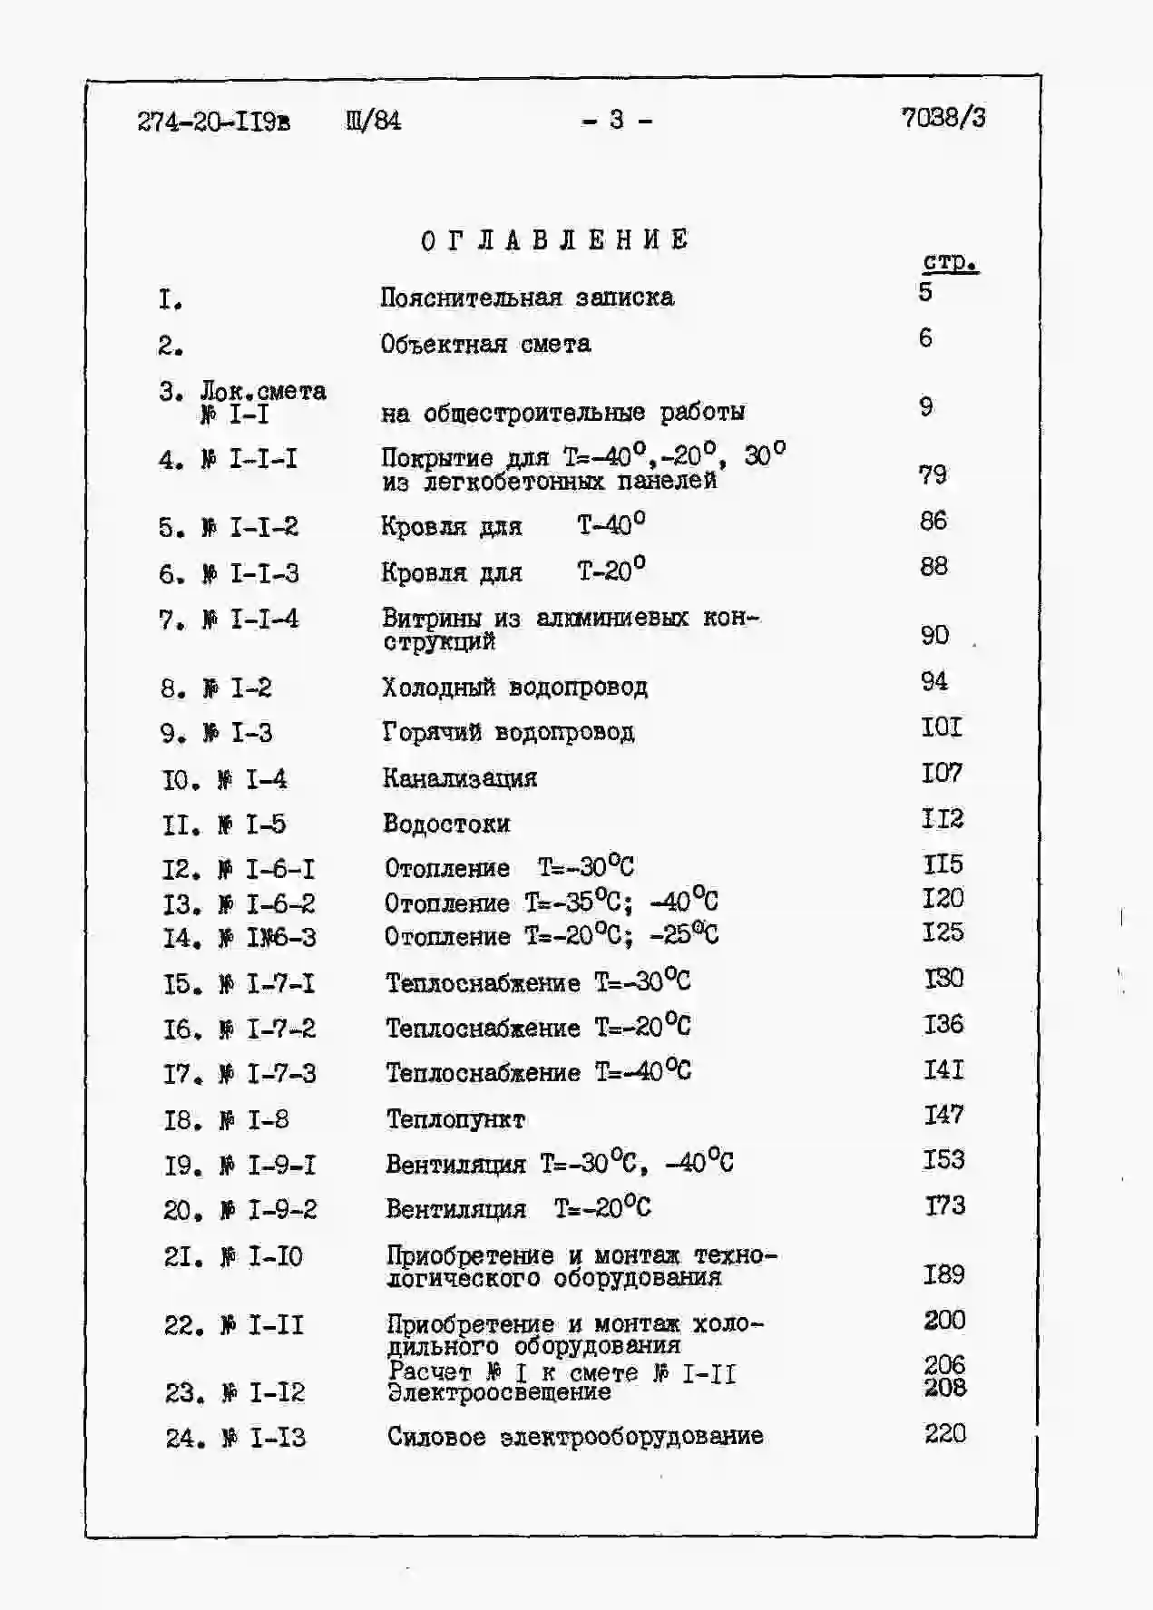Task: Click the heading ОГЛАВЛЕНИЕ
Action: [555, 240]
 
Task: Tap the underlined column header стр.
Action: [950, 263]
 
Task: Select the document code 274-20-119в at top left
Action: [214, 122]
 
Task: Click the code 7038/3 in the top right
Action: [943, 118]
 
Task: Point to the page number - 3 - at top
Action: [617, 120]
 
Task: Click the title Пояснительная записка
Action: [527, 298]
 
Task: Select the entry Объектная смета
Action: [486, 345]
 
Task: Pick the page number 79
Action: [933, 474]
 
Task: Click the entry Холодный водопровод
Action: [515, 688]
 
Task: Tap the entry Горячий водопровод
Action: [509, 733]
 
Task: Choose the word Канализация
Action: [460, 778]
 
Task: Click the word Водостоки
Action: [446, 824]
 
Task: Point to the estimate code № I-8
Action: [255, 1120]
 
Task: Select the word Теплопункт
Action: [455, 1119]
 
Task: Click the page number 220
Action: [945, 1433]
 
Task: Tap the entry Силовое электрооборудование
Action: [575, 1437]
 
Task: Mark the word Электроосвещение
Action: [500, 1393]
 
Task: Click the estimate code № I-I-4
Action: [250, 620]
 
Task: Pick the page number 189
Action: [943, 1274]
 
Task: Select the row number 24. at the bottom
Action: [185, 1439]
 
